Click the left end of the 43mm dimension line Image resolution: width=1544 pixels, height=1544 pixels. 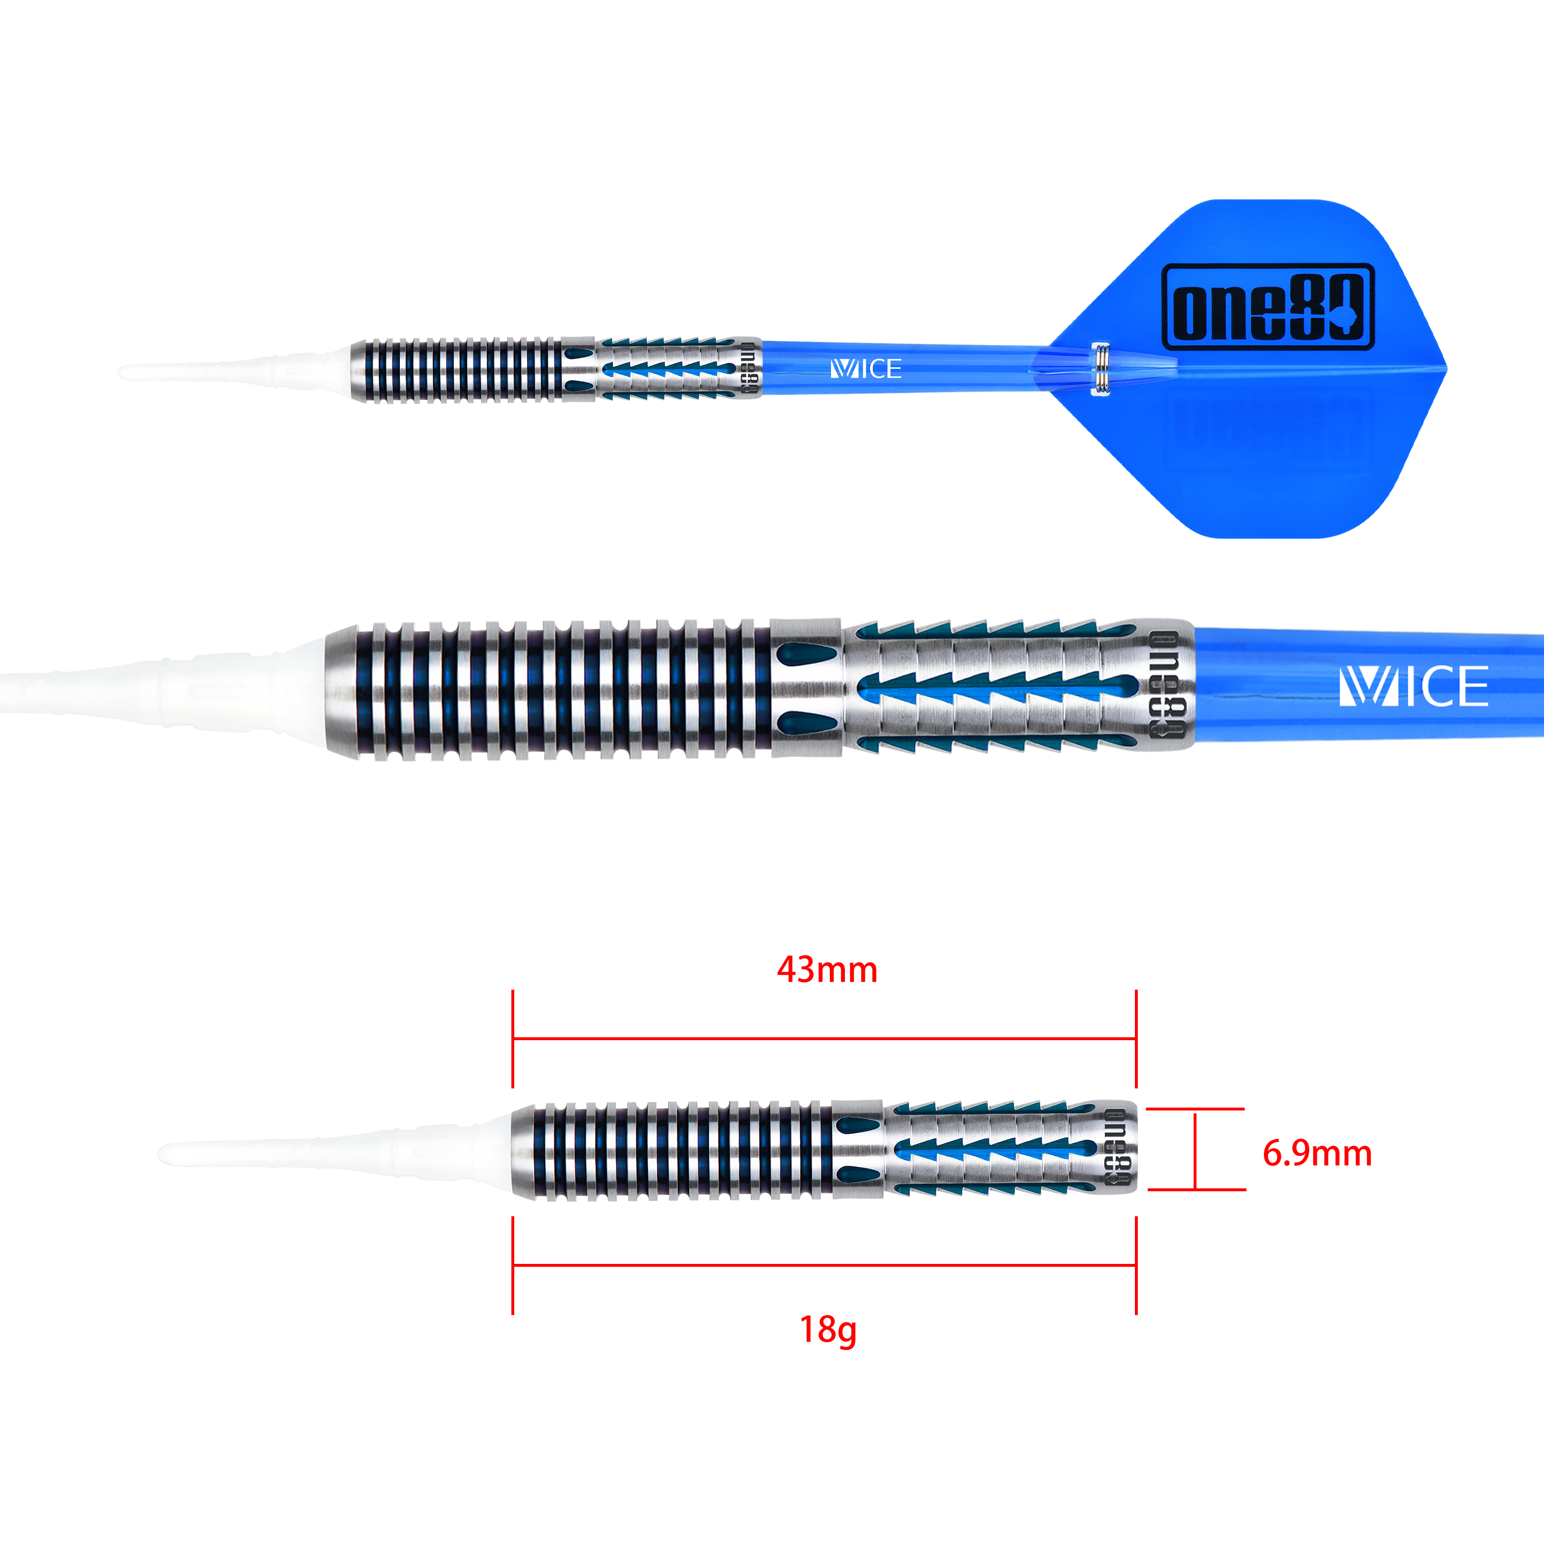(513, 1039)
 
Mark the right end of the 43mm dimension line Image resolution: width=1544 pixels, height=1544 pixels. (1135, 1039)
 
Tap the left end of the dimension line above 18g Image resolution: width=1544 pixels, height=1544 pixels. (513, 1265)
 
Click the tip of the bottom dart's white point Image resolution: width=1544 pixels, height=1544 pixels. (158, 1153)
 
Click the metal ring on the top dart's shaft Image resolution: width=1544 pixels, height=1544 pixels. (1101, 368)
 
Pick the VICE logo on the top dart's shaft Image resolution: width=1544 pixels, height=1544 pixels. (866, 368)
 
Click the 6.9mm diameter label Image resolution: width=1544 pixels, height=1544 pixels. (1317, 1153)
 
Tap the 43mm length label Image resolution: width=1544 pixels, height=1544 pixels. (827, 969)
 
